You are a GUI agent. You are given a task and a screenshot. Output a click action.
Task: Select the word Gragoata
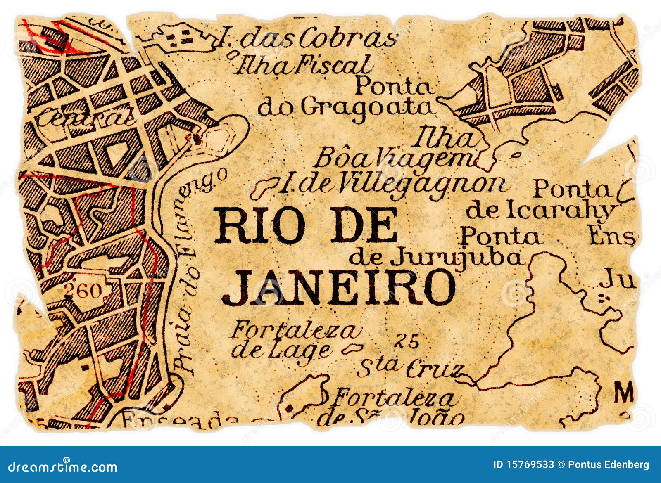(368, 108)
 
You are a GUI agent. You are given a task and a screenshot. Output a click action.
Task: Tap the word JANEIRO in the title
(339, 287)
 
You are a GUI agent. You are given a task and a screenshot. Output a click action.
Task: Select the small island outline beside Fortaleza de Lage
(351, 349)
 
